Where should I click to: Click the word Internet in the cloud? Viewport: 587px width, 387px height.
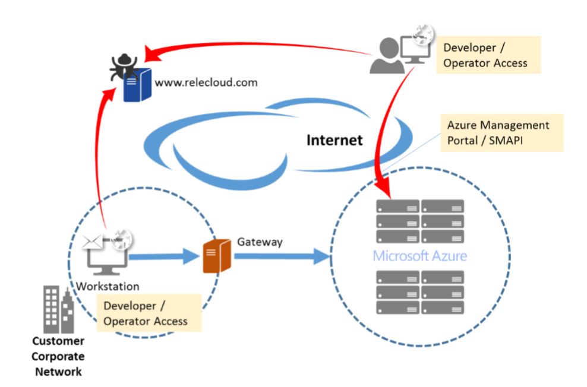click(334, 140)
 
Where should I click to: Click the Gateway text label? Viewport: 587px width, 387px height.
click(260, 242)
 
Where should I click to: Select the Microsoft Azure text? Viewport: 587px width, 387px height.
click(419, 256)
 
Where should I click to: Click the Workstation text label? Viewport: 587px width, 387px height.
click(108, 286)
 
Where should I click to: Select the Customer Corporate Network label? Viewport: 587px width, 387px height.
click(58, 356)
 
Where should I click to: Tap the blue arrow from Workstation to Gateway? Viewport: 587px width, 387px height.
click(163, 257)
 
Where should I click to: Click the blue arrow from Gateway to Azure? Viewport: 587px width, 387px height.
click(282, 256)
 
